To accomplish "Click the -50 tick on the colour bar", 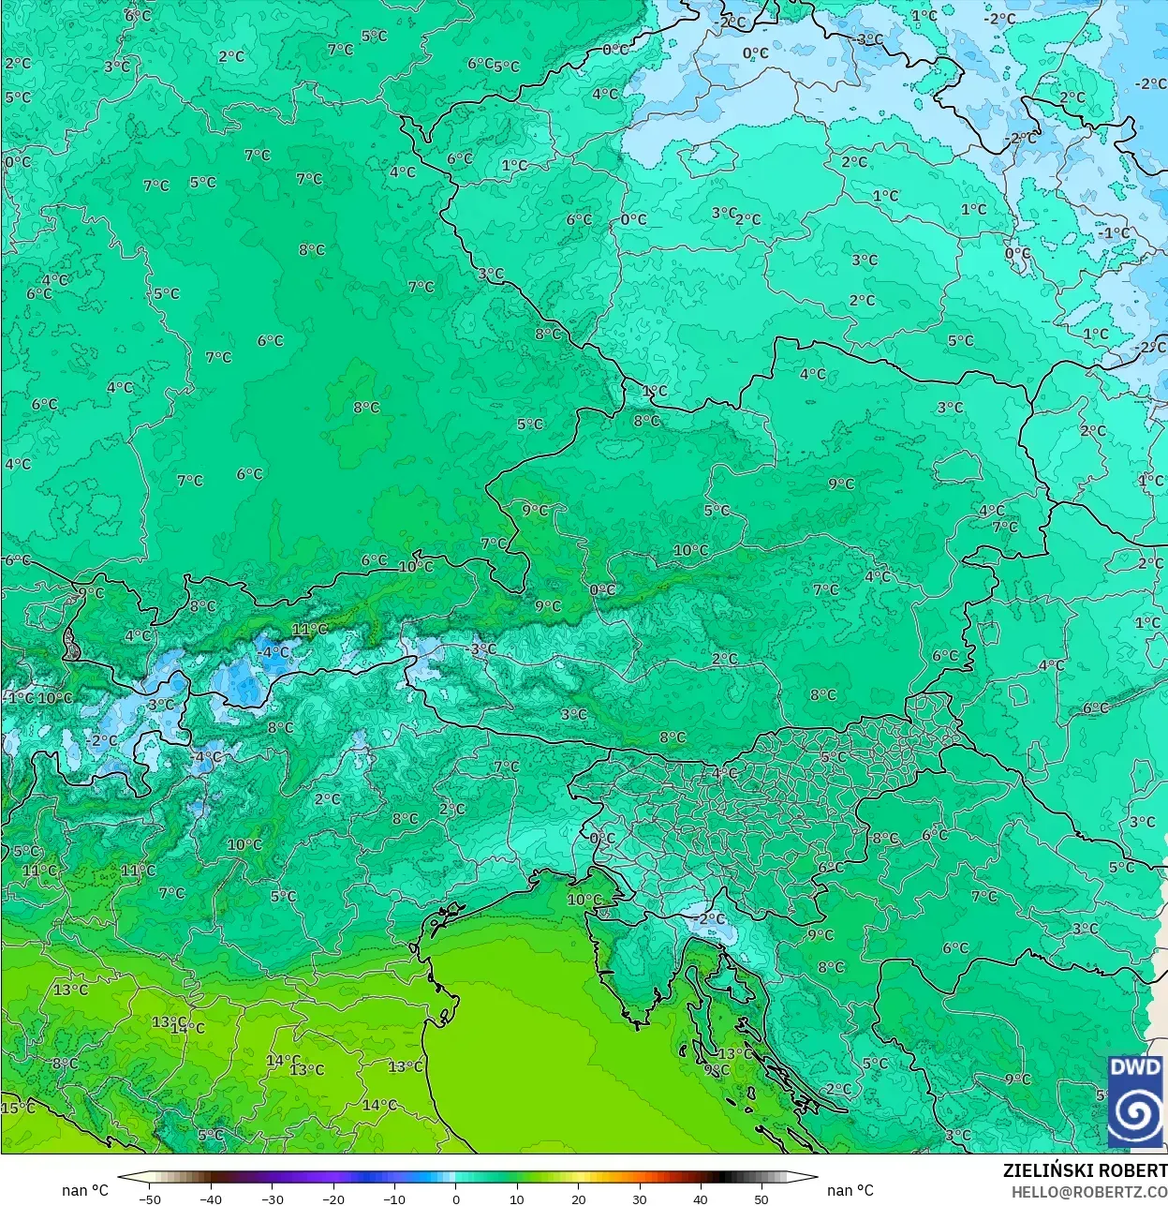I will click(x=150, y=1199).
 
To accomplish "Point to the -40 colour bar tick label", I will click(x=211, y=1199).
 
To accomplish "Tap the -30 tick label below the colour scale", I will click(x=272, y=1199).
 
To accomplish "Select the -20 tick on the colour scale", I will click(x=333, y=1199).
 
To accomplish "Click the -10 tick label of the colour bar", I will click(x=394, y=1199).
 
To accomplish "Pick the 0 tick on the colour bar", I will click(x=456, y=1199).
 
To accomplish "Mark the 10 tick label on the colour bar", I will click(x=517, y=1199).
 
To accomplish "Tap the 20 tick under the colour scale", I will click(x=578, y=1199).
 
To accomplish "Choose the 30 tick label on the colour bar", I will click(x=639, y=1199).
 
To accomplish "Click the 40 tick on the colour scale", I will click(x=700, y=1199).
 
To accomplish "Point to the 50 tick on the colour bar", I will click(x=761, y=1199).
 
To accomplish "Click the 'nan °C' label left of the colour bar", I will click(x=85, y=1190).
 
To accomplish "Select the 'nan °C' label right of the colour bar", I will click(x=850, y=1190).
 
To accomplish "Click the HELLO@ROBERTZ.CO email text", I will click(x=1088, y=1192).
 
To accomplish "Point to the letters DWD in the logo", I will click(x=1134, y=1067).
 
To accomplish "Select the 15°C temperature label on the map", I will click(x=17, y=1108).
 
